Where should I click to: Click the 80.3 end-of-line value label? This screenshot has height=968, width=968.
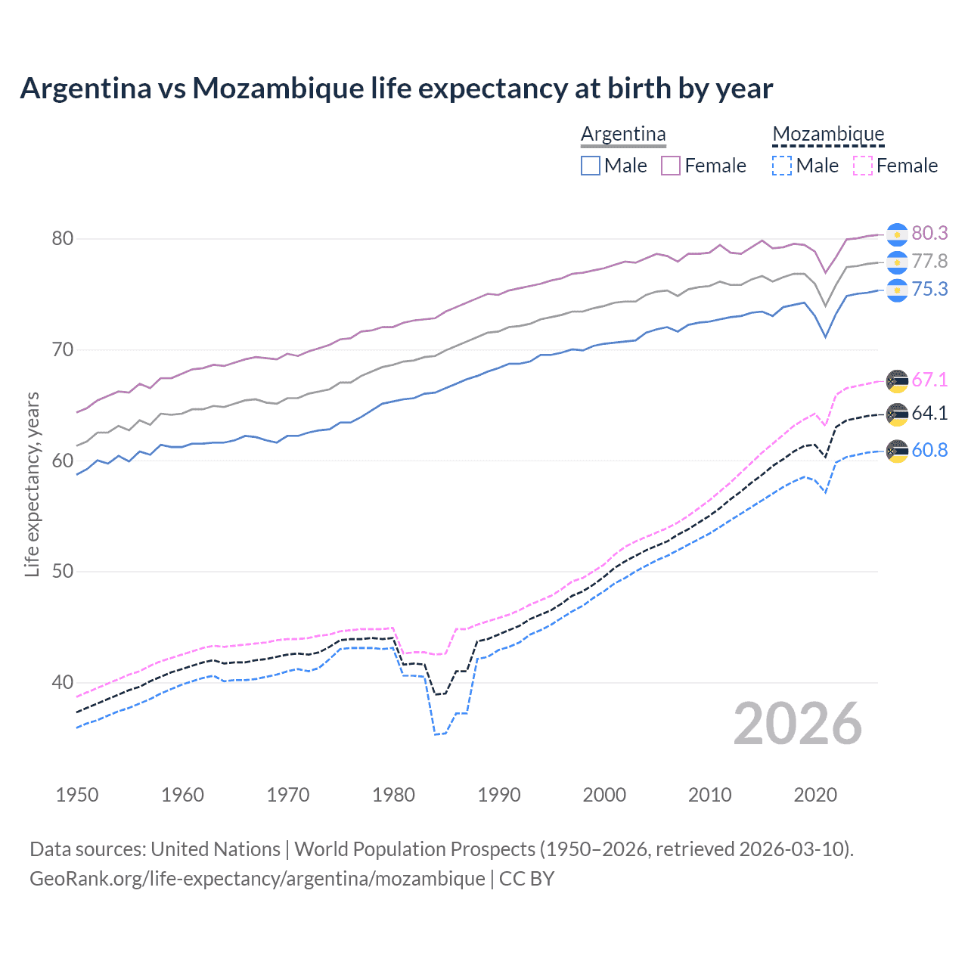929,233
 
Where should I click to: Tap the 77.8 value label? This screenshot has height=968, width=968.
929,262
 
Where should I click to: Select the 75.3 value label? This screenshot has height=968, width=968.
929,290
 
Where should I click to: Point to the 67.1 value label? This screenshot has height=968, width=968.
929,380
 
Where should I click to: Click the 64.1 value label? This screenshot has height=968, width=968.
929,413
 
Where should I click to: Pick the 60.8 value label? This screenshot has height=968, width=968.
929,450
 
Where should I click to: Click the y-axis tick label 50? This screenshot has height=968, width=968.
62,571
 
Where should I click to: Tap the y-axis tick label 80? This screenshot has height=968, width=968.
62,238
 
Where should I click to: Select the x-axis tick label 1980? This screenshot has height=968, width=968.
393,795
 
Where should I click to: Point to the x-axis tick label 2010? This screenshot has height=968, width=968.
709,795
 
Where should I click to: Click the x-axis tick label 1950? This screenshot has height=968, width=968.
77,795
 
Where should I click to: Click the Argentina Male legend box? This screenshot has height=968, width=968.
591,166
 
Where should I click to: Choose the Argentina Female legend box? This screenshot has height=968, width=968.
671,166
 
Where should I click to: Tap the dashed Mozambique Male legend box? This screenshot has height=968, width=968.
782,166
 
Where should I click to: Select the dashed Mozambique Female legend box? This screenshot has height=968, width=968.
863,166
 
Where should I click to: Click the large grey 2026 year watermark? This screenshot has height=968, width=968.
797,724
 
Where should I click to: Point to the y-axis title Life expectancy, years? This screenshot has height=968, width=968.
32,484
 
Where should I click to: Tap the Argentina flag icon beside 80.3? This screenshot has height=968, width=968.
897,234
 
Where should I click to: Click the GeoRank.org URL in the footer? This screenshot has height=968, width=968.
257,879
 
